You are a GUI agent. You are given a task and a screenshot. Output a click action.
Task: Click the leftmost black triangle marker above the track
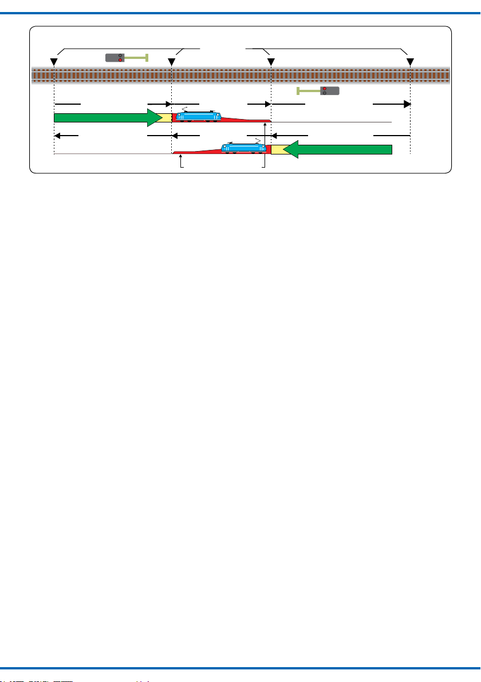pos(53,61)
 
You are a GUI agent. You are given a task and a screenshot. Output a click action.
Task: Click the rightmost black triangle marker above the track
pos(410,61)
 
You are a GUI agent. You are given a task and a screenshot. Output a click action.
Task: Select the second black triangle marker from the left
pos(171,61)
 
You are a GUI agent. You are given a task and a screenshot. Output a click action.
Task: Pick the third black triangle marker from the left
pos(270,61)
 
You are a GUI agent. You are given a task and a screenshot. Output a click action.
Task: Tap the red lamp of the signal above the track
pos(120,60)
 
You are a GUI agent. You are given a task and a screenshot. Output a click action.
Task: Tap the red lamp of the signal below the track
pos(324,89)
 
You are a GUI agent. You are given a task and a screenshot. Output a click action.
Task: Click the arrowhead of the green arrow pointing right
pos(155,117)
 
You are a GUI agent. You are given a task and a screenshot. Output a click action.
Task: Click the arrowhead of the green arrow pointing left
pos(291,149)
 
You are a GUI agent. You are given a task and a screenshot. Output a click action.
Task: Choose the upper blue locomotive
pos(199,117)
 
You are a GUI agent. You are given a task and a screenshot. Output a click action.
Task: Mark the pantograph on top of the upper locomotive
pos(184,110)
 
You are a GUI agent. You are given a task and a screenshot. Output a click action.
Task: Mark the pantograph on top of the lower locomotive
pos(258,141)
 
